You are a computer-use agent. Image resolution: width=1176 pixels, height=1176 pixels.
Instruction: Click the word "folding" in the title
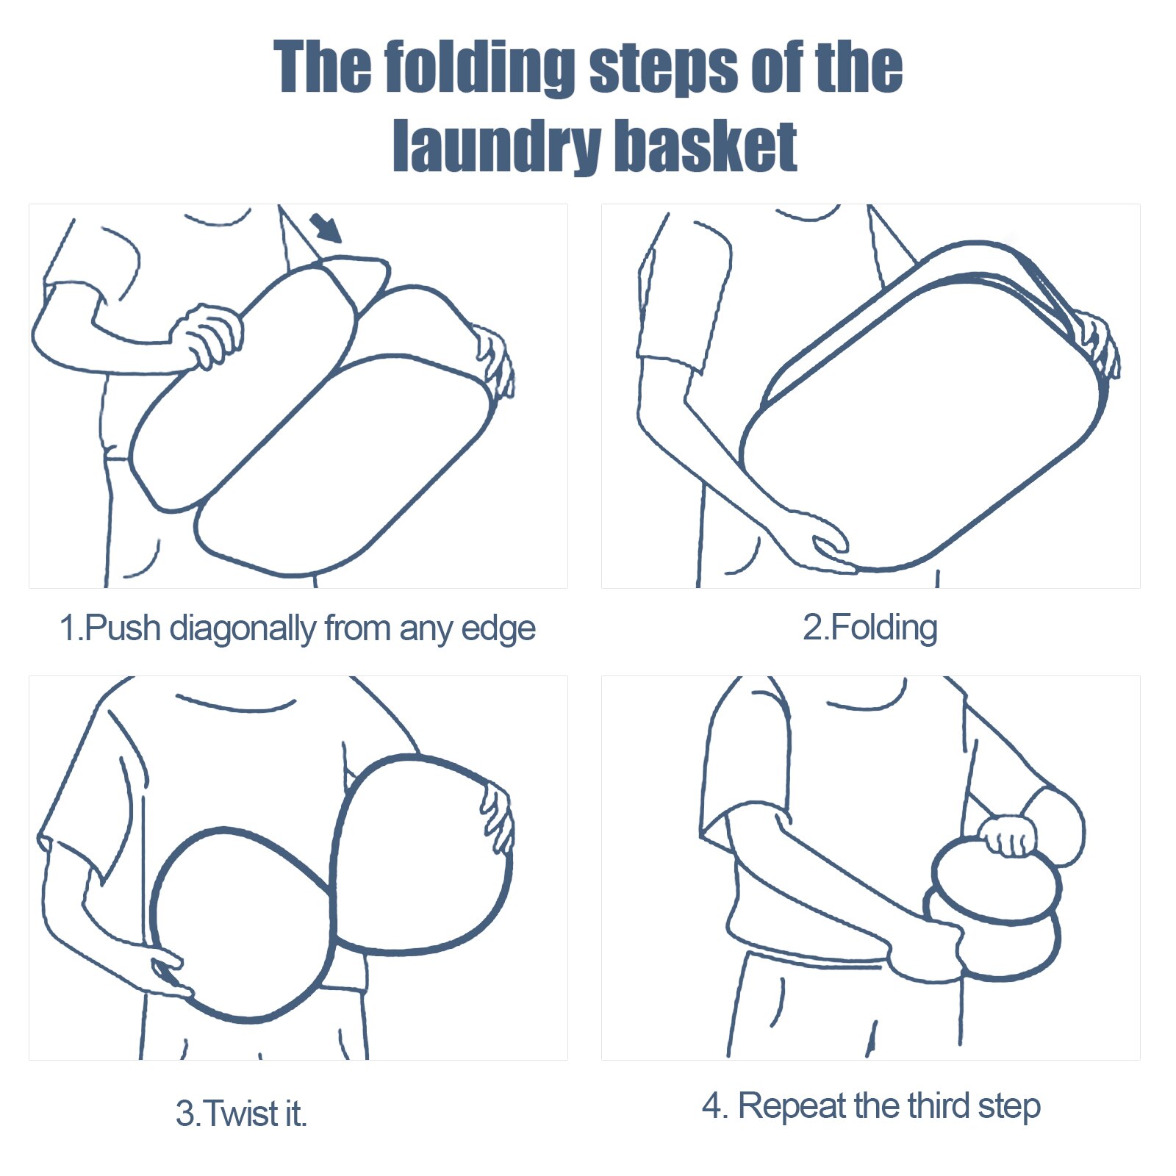point(479,68)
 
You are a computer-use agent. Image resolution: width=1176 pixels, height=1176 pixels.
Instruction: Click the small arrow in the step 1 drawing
point(326,228)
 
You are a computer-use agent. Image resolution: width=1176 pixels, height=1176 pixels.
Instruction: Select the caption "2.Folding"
point(870,628)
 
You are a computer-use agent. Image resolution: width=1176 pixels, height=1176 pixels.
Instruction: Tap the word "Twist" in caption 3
point(233,1113)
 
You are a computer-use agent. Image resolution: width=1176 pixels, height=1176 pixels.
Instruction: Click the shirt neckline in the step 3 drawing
point(235,704)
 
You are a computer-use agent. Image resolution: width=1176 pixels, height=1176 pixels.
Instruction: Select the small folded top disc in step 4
point(997,880)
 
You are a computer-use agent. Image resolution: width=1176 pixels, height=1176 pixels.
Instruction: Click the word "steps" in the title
point(663,69)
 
